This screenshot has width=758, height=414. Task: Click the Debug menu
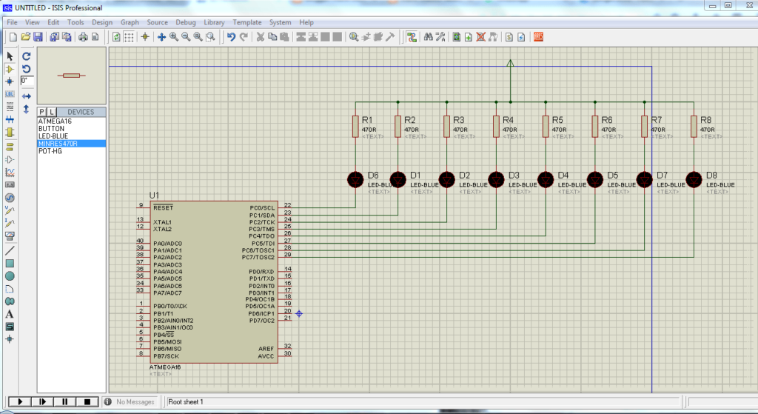186,22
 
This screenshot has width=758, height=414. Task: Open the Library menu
214,22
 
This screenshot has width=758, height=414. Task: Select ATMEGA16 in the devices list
55,121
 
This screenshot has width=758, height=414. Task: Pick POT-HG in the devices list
50,151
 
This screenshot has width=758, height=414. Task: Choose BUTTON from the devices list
52,129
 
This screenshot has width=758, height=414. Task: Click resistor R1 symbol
355,127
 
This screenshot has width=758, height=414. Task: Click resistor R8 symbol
694,127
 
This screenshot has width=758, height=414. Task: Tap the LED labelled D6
355,179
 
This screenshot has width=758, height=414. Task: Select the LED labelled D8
694,179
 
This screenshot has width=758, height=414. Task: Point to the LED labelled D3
497,179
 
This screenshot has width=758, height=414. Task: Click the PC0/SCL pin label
262,208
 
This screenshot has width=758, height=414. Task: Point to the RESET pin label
163,208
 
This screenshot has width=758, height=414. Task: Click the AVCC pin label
266,356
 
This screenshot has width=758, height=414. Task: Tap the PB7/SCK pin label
167,356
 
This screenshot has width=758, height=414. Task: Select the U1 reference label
154,196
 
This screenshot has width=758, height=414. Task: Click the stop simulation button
87,401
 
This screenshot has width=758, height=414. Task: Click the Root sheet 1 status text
186,401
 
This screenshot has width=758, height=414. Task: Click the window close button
745,6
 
